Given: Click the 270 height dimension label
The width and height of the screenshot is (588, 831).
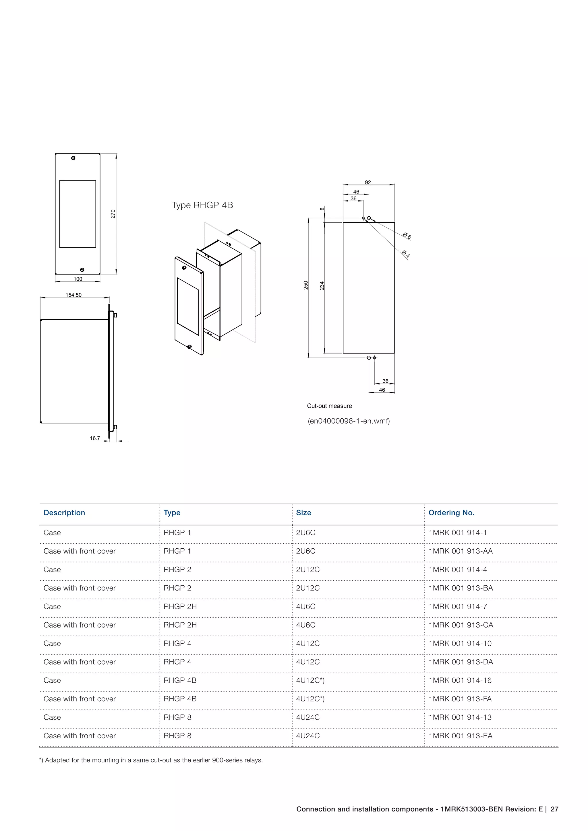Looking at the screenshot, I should click(113, 214).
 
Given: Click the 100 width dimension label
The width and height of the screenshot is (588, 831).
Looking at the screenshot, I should click(78, 279).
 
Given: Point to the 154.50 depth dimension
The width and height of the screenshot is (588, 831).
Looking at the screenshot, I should click(73, 295).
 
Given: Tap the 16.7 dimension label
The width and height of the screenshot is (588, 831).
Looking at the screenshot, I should click(95, 438).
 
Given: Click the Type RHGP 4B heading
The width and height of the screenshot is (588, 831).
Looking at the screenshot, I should click(202, 205).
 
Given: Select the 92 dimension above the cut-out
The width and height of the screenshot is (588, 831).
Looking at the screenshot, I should click(368, 182).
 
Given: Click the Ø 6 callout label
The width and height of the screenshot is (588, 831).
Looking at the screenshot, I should click(407, 236).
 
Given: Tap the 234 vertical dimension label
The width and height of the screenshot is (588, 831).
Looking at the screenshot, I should click(322, 286).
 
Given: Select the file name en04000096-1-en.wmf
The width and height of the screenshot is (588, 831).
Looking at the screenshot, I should click(349, 421).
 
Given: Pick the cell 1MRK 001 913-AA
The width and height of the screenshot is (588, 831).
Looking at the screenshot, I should click(461, 551).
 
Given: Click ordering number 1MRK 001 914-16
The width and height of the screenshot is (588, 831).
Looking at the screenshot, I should click(460, 680).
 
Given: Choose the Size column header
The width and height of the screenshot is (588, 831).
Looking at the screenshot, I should click(303, 513).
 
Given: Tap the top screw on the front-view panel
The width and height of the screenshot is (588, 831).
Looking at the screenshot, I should click(73, 158).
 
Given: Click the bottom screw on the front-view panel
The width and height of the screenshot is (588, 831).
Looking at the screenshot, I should click(82, 270).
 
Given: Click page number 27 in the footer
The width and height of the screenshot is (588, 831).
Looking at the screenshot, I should click(554, 809).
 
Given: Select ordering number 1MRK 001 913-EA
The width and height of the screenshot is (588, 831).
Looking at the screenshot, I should click(460, 736).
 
